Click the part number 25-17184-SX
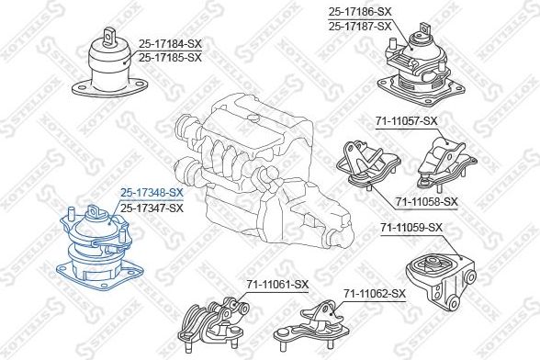pos(170,44)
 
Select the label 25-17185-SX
pos(170,58)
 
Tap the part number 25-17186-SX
pos(360,12)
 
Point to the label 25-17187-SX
pos(360,27)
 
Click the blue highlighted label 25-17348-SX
pos(152,193)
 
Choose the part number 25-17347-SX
pos(152,208)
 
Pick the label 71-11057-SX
pos(406,121)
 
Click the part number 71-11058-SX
pos(427,201)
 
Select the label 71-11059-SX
pos(411,228)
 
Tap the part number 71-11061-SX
pos(277,285)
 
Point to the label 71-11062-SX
pos(375,294)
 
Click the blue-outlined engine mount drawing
pos(100,248)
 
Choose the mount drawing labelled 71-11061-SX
pos(213,324)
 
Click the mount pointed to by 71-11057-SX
pos(446,163)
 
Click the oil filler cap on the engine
pos(253,118)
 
